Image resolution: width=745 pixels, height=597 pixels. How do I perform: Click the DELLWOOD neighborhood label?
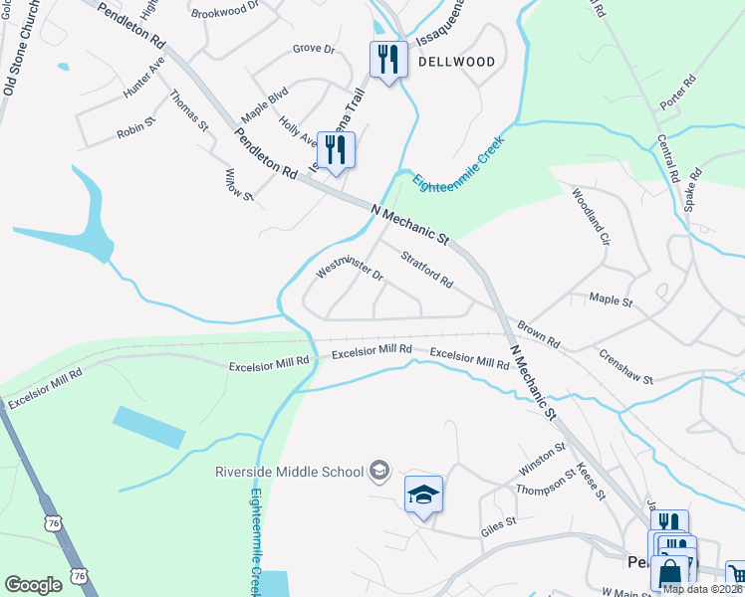[x=456, y=62]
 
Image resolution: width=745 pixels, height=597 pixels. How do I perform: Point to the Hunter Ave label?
[x=143, y=78]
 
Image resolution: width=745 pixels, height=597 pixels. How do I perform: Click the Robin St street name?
[x=136, y=129]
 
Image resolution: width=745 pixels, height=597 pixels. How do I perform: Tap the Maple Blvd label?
[x=264, y=102]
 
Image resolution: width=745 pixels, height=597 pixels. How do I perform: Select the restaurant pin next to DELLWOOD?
[x=388, y=59]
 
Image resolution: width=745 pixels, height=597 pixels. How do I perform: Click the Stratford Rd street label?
[x=427, y=271]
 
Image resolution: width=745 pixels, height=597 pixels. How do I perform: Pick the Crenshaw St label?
[x=625, y=366]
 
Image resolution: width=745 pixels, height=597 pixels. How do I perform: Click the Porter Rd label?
[x=675, y=92]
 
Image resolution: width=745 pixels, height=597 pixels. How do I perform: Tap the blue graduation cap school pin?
[x=423, y=495]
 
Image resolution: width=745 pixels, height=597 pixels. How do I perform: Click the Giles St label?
[x=499, y=521]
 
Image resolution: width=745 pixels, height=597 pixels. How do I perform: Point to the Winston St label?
[x=542, y=459]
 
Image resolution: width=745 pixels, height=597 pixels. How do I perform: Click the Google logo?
[x=34, y=584]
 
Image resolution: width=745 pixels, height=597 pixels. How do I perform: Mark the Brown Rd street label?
[x=538, y=333]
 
